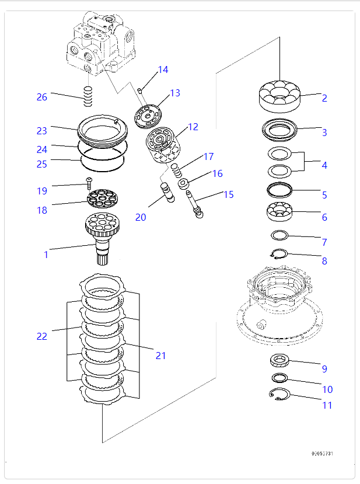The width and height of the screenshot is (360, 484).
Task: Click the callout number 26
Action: (x=41, y=97)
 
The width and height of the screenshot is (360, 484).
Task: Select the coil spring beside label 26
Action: (x=88, y=96)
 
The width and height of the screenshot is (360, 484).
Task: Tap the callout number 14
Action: (x=163, y=70)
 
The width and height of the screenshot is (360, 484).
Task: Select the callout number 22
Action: (x=41, y=336)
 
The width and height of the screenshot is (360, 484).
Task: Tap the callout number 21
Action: (x=160, y=355)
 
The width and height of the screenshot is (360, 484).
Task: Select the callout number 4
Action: (x=324, y=165)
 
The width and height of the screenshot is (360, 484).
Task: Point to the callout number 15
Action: (x=228, y=194)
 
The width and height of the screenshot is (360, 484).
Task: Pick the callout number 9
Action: (x=324, y=368)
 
